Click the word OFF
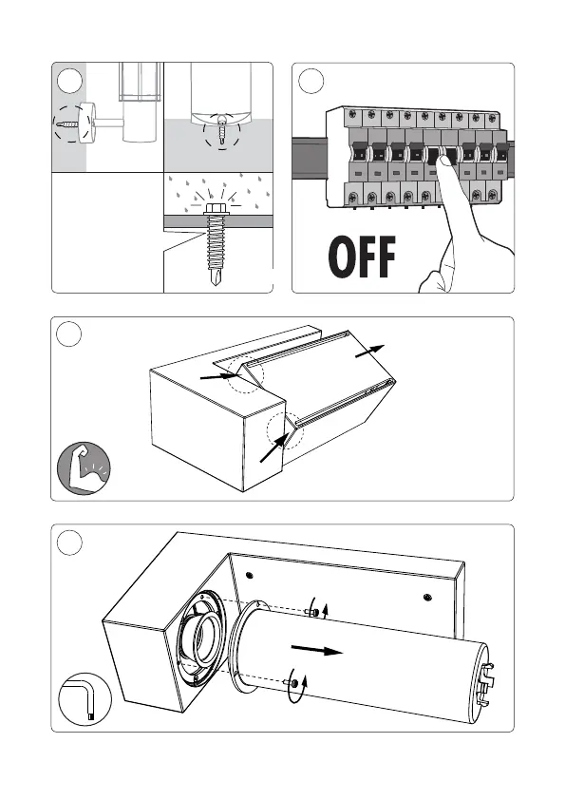(362, 257)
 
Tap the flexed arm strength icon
(84, 467)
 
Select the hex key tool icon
(85, 698)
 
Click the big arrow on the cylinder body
(316, 650)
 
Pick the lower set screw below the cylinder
(292, 683)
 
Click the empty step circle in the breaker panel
(311, 81)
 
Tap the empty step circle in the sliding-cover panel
(68, 334)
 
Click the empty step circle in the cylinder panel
(69, 543)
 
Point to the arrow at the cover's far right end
(369, 351)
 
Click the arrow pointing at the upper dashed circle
(219, 376)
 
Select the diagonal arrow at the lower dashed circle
(273, 448)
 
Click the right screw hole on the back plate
(428, 597)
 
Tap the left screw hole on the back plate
(250, 575)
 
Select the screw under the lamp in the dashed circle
(222, 127)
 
